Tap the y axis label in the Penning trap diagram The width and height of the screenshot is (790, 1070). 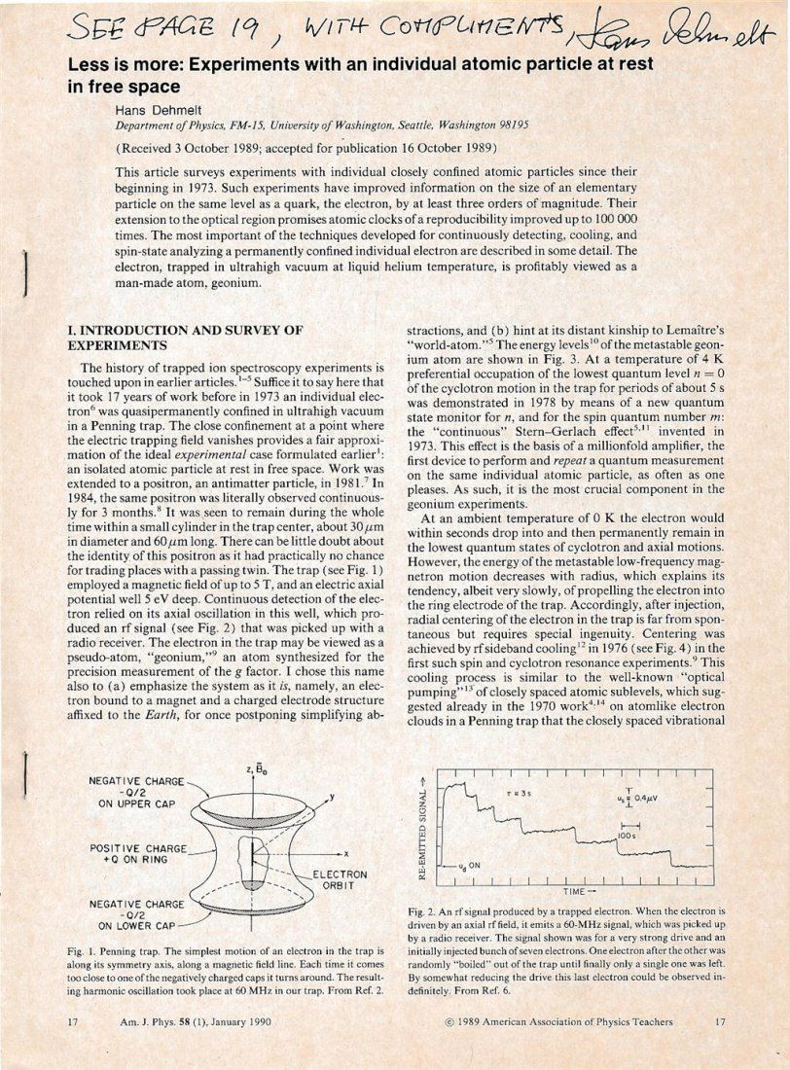[333, 796]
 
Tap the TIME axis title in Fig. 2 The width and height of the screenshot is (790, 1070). [576, 890]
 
